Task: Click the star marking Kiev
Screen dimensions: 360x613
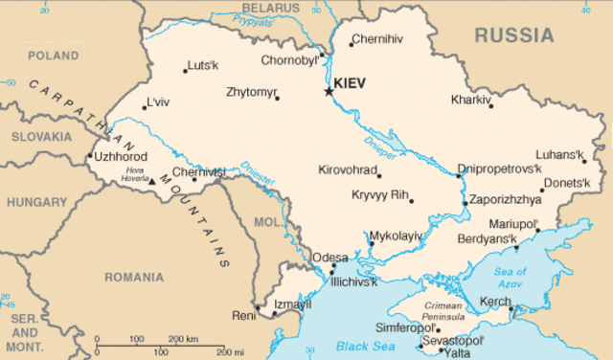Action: (329, 91)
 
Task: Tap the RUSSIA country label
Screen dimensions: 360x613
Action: (514, 35)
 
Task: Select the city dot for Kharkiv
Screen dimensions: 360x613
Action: (492, 105)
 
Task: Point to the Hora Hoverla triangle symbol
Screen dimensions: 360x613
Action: (151, 180)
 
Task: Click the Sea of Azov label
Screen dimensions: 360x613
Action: (510, 276)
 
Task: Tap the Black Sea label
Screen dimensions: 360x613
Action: (358, 346)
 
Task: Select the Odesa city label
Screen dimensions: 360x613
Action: (329, 258)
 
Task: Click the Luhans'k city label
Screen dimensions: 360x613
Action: (559, 154)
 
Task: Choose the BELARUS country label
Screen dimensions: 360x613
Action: (270, 8)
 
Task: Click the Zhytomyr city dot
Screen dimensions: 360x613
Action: (277, 98)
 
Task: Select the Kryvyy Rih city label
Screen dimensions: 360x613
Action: (379, 195)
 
